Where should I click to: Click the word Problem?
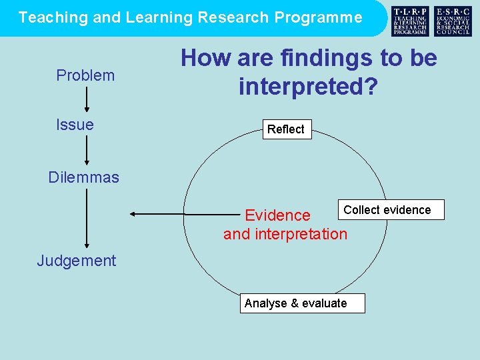tap(85, 75)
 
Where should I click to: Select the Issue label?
tap(75, 125)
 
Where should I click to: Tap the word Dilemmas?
tap(84, 177)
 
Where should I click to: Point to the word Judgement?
tap(77, 261)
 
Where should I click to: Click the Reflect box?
tap(285, 129)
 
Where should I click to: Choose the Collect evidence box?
tap(387, 210)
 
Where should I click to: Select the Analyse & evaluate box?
tap(295, 303)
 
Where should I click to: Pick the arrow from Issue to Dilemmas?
tap(87, 150)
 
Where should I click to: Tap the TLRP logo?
tap(410, 21)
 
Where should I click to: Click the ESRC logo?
tap(453, 21)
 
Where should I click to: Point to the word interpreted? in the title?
tap(308, 85)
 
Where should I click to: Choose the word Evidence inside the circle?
tap(277, 215)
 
